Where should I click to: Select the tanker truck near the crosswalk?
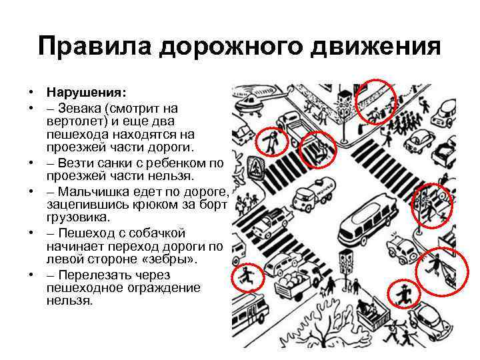(x=313, y=194)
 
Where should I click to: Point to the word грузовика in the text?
(x=76, y=217)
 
